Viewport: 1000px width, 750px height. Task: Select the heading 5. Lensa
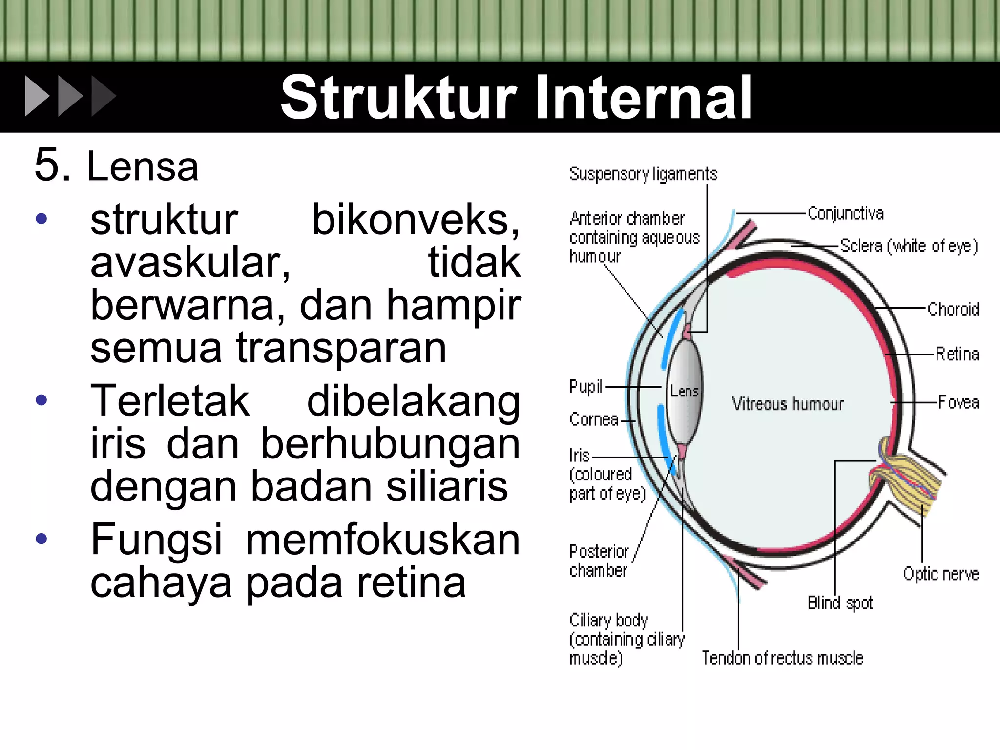click(x=117, y=166)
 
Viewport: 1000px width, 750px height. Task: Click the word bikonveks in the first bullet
click(x=416, y=220)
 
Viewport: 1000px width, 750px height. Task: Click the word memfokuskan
click(x=383, y=540)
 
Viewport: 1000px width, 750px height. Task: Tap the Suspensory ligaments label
click(x=643, y=174)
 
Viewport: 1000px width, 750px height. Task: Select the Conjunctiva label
click(x=845, y=213)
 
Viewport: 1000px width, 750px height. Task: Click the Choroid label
click(x=953, y=309)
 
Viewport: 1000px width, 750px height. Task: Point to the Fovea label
click(x=958, y=402)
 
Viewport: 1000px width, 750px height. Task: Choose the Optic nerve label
click(x=941, y=574)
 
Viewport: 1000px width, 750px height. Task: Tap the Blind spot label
click(x=840, y=603)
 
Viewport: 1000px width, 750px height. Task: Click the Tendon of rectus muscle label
click(x=782, y=658)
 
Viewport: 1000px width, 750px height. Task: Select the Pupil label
click(x=585, y=387)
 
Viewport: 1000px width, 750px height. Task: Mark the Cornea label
click(x=594, y=419)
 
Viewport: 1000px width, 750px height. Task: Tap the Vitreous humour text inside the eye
click(x=787, y=404)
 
